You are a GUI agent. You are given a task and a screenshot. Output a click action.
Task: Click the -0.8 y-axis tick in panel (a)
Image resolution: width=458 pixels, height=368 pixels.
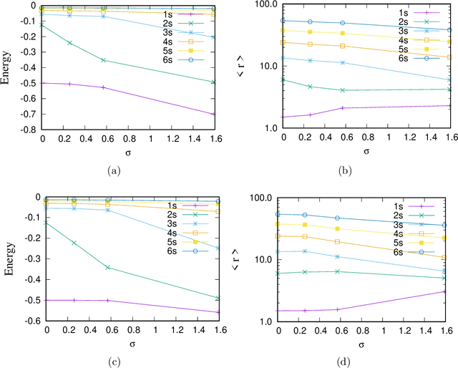(x=29, y=130)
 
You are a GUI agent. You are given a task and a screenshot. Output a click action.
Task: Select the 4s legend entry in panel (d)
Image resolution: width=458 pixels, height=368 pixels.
(x=398, y=233)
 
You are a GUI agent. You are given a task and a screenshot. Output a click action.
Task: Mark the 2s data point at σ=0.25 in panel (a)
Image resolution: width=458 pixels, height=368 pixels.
(x=69, y=43)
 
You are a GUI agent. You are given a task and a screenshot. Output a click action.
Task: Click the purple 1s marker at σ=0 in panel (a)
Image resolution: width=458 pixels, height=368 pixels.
(x=42, y=83)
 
